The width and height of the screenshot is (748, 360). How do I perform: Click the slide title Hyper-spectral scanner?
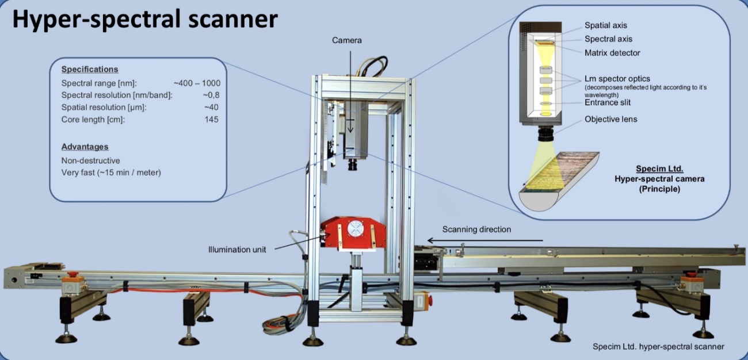[145, 20]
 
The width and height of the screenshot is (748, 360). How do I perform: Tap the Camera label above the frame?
[347, 40]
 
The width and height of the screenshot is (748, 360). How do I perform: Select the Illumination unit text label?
[237, 250]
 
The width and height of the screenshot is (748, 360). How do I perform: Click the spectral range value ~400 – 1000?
[197, 83]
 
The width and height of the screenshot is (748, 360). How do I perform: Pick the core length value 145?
[212, 120]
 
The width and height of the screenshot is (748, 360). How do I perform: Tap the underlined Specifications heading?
[89, 69]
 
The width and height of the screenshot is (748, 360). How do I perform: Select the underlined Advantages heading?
[85, 147]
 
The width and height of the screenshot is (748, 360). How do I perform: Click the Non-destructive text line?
[90, 160]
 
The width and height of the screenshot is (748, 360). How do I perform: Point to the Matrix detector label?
[612, 53]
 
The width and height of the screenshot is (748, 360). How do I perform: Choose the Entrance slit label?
[608, 102]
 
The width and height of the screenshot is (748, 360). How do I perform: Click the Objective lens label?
[610, 120]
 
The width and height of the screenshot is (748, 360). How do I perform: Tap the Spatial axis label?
[605, 25]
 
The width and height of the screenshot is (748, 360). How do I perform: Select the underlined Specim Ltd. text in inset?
[659, 169]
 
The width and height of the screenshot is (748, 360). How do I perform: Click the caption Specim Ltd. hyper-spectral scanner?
[658, 346]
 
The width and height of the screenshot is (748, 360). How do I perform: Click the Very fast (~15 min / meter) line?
[111, 173]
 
